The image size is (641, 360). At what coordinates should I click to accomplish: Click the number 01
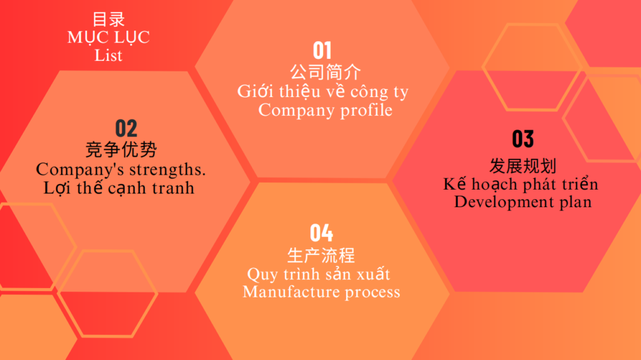322,51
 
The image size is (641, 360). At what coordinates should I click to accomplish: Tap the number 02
126,128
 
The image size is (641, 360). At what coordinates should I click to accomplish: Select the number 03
523,139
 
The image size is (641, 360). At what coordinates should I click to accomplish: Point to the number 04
321,233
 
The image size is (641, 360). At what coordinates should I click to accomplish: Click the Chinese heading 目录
108,19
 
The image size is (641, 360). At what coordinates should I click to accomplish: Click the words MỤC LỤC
108,38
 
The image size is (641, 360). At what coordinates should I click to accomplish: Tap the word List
108,55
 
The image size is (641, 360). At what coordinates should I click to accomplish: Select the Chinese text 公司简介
326,73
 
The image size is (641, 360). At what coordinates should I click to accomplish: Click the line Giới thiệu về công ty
323,91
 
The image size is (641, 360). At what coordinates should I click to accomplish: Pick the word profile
366,110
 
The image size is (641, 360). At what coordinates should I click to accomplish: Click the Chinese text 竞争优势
121,149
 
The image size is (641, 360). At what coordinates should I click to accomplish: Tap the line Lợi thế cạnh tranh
119,188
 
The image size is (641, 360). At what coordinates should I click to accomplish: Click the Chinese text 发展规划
523,166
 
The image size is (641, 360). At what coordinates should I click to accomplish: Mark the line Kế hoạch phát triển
521,184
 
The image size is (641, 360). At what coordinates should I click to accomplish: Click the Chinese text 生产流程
321,255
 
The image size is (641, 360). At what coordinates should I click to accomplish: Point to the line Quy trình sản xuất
319,274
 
